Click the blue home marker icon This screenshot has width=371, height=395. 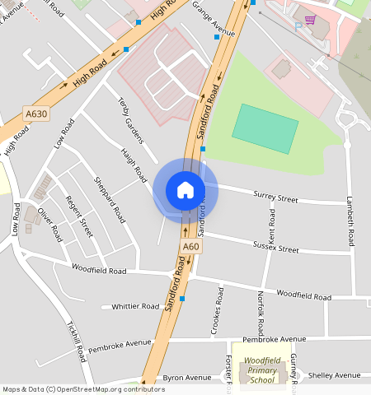(185, 190)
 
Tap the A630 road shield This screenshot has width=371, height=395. (36, 114)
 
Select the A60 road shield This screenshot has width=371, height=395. (190, 246)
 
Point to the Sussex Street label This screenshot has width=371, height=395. (276, 247)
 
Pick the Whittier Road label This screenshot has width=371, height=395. (135, 306)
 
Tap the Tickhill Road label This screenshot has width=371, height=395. (77, 340)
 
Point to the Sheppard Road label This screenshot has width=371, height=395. (110, 200)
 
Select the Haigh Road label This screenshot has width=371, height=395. (134, 165)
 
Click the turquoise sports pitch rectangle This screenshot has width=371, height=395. (265, 128)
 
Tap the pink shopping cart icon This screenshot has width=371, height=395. (310, 20)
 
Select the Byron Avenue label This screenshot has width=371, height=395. (187, 378)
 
